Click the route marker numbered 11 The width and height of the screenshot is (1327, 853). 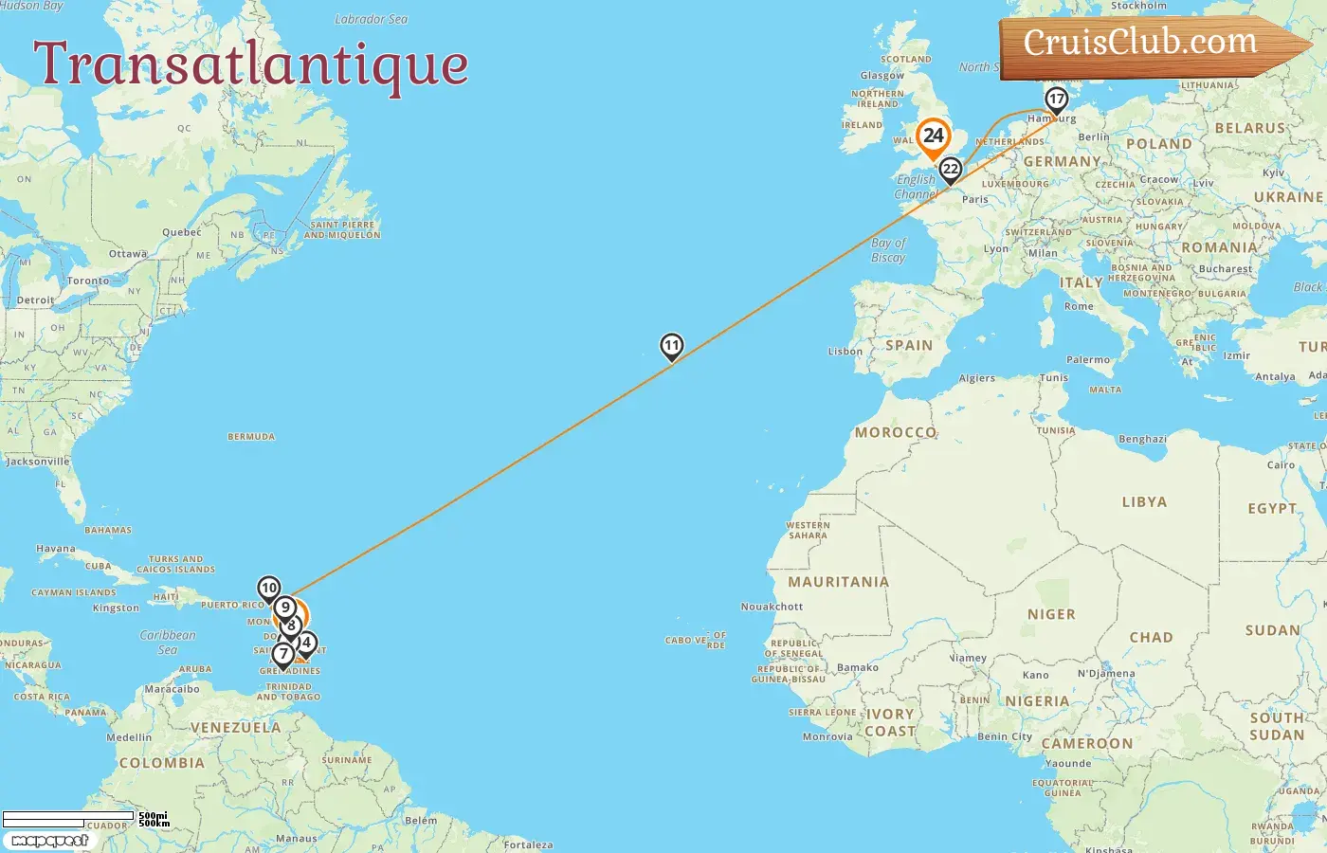[x=671, y=346]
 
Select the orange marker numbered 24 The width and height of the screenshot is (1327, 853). [x=933, y=136]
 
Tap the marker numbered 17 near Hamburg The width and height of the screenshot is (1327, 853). [x=1056, y=99]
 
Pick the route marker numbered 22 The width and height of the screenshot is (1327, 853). [x=950, y=170]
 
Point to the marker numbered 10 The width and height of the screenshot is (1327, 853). [x=269, y=589]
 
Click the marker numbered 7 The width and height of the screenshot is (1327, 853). [x=282, y=654]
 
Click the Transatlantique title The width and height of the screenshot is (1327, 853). [x=251, y=64]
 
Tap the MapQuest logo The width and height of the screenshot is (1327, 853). [x=49, y=841]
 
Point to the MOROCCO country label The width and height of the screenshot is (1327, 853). [x=896, y=432]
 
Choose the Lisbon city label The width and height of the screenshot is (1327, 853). [x=845, y=352]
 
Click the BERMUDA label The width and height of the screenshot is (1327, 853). [x=251, y=437]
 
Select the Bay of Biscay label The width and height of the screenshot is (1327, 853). [x=888, y=250]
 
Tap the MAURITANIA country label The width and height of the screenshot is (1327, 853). [x=838, y=582]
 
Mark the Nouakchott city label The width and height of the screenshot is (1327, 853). [x=772, y=607]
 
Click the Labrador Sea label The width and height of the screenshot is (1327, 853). [x=371, y=19]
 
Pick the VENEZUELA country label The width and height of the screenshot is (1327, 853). [x=235, y=728]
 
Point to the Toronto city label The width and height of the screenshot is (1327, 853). [x=88, y=281]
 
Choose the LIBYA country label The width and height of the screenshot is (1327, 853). [x=1144, y=502]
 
